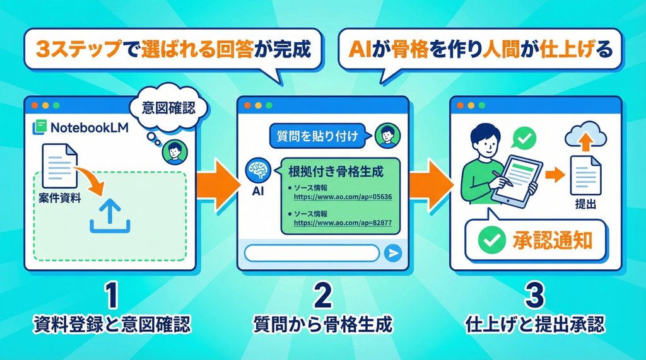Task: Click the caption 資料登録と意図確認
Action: (x=111, y=325)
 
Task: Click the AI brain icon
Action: (x=257, y=169)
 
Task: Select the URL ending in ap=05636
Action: (x=343, y=197)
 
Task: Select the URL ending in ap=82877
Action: (x=343, y=223)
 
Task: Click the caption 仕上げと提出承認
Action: (x=535, y=325)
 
